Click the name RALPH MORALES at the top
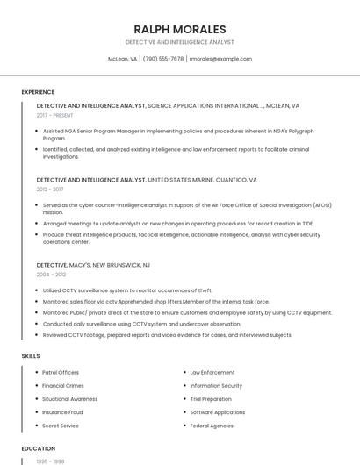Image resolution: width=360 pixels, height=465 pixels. (x=180, y=29)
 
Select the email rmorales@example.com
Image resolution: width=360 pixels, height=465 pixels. (x=220, y=59)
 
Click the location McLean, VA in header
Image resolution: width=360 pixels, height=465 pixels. (x=122, y=59)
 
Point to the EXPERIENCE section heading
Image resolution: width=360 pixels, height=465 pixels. (x=38, y=91)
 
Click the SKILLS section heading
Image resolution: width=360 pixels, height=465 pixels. (x=31, y=355)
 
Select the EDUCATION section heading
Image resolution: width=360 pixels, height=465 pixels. (x=39, y=448)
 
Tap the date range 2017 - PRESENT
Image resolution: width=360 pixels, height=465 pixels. (x=54, y=115)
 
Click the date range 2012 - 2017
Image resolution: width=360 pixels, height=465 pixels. (x=50, y=189)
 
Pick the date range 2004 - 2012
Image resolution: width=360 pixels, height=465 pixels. (x=51, y=274)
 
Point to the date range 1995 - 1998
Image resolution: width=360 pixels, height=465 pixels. (x=50, y=461)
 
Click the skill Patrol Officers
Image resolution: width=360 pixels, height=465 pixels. (x=61, y=372)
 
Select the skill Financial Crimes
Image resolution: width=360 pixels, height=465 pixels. (x=62, y=385)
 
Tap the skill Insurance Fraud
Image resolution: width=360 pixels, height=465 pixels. (x=62, y=411)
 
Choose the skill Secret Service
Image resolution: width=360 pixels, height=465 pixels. (x=61, y=426)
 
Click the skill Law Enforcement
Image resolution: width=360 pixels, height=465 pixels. (x=212, y=372)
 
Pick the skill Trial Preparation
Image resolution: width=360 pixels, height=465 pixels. (x=212, y=398)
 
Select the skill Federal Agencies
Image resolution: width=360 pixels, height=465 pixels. (x=212, y=426)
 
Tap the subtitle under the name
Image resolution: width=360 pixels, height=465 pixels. (x=180, y=42)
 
